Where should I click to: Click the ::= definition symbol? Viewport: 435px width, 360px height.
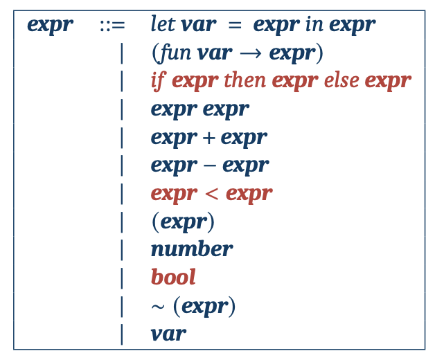click(112, 26)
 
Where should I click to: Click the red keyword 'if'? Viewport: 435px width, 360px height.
click(157, 81)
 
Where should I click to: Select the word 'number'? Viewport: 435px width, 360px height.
click(191, 249)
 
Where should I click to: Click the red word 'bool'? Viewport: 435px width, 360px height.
click(173, 277)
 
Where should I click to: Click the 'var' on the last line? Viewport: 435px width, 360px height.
click(168, 334)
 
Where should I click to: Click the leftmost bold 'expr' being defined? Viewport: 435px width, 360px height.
click(50, 26)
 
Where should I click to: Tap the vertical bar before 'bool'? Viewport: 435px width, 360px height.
click(122, 277)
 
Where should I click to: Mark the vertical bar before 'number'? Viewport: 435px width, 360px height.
click(122, 249)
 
